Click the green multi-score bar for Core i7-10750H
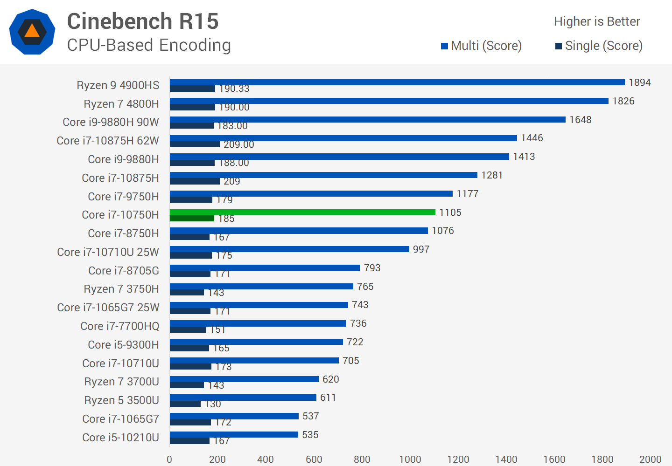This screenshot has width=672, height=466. [302, 212]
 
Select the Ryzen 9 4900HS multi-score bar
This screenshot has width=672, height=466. [397, 82]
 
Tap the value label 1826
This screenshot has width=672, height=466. [623, 101]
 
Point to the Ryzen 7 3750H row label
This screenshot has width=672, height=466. [121, 289]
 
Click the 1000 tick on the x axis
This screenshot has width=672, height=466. [410, 459]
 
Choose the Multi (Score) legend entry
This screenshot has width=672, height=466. [482, 46]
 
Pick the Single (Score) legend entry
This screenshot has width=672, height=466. [599, 46]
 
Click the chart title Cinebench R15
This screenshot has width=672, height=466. [143, 21]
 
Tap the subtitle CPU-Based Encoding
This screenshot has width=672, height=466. [149, 45]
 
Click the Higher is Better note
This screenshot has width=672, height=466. [597, 21]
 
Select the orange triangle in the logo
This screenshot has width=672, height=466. [32, 31]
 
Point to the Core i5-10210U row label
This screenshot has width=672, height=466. [120, 438]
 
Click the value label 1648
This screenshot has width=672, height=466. [581, 120]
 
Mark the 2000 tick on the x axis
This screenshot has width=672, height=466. [650, 459]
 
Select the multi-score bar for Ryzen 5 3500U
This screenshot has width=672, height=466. [243, 397]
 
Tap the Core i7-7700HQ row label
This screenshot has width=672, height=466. [119, 326]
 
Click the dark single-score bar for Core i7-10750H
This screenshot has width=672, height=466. [192, 219]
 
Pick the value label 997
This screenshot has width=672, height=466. [421, 249]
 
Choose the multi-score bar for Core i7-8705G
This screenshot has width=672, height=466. [265, 268]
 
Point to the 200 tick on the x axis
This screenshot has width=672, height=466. [217, 459]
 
